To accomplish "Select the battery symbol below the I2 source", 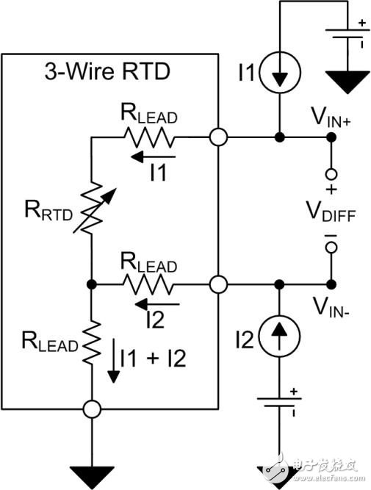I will pyautogui.click(x=280, y=404).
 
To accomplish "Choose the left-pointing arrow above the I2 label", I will pyautogui.click(x=156, y=302).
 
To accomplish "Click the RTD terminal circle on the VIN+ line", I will pyautogui.click(x=217, y=137).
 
